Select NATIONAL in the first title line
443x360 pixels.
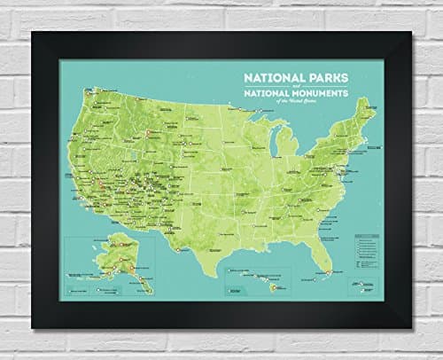(273, 78)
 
